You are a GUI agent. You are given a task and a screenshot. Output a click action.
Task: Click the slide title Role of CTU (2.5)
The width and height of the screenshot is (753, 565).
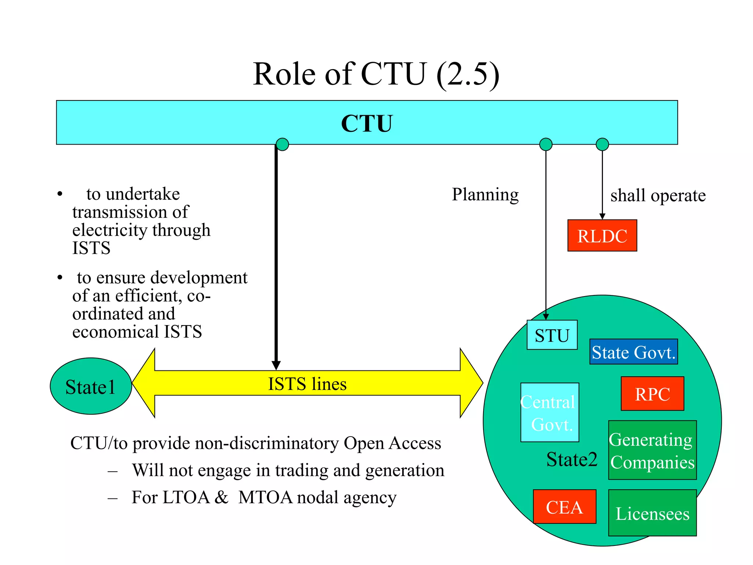click(x=376, y=74)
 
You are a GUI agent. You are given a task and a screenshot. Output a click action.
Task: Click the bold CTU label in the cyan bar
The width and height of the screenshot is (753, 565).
click(x=367, y=123)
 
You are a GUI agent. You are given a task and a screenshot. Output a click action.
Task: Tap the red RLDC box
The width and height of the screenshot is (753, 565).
click(x=602, y=236)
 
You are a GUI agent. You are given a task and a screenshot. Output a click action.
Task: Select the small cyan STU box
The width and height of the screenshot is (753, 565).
click(x=552, y=335)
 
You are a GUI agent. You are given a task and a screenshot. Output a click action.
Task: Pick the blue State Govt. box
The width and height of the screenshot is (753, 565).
click(x=633, y=352)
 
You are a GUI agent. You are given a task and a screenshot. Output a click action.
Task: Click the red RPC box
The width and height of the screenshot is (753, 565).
click(x=652, y=394)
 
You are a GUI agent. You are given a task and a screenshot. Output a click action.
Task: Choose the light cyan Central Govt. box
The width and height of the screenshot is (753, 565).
click(x=549, y=412)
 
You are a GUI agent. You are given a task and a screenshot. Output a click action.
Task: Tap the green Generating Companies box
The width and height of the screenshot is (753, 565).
click(x=652, y=450)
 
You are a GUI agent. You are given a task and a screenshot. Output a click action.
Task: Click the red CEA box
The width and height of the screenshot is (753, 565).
click(x=564, y=507)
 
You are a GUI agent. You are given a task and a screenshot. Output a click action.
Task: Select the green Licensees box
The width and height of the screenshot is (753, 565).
click(x=652, y=513)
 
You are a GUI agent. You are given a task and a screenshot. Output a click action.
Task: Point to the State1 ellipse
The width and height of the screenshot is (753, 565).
click(x=90, y=386)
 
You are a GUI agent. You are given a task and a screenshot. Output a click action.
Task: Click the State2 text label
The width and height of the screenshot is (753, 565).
click(x=571, y=459)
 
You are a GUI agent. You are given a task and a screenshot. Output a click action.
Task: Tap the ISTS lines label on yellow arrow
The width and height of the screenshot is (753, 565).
click(x=307, y=384)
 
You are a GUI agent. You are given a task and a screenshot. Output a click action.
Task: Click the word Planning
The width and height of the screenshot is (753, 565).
click(x=485, y=195)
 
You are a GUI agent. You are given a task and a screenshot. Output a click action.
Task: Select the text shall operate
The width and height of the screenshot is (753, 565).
click(x=658, y=195)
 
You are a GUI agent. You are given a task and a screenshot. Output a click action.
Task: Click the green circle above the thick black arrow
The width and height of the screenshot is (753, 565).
click(x=282, y=144)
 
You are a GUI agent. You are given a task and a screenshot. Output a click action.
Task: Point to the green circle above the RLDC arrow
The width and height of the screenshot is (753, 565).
click(x=602, y=144)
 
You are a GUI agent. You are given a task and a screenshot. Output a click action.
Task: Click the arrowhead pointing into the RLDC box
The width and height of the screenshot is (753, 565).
click(x=602, y=216)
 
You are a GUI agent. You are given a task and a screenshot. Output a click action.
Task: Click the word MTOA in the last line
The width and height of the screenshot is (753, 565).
click(x=266, y=497)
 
